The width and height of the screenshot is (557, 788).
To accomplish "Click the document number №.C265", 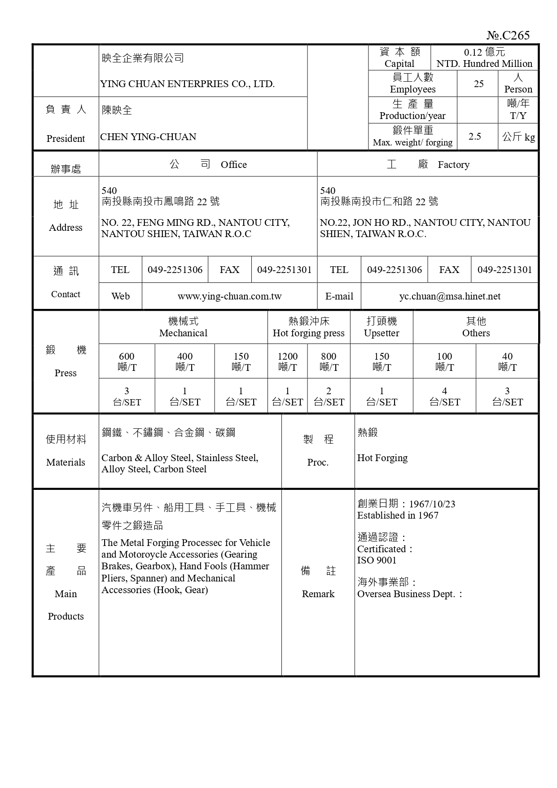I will (508, 35).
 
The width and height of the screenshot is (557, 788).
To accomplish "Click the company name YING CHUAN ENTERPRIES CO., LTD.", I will (188, 84).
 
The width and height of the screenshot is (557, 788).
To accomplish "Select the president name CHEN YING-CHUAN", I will (148, 137).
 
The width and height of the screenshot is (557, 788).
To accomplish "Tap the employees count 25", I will (478, 84).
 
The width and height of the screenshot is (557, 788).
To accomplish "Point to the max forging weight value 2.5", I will (474, 136).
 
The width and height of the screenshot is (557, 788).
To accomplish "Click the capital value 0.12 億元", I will (484, 52).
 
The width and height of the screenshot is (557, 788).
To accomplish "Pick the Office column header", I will (208, 164).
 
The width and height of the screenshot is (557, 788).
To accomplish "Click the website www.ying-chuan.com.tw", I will (229, 296).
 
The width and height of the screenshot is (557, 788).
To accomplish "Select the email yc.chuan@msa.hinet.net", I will (450, 296).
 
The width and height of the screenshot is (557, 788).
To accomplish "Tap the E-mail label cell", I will (339, 296).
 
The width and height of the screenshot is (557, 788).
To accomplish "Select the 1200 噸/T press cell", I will (287, 361).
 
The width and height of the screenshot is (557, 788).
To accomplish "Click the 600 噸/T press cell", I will (127, 361).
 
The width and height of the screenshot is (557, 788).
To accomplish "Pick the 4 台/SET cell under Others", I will (444, 396).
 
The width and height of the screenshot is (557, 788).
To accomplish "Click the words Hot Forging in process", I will (382, 458).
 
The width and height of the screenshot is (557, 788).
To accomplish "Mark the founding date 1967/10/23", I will (432, 504).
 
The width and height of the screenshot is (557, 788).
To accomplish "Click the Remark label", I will (318, 594).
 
